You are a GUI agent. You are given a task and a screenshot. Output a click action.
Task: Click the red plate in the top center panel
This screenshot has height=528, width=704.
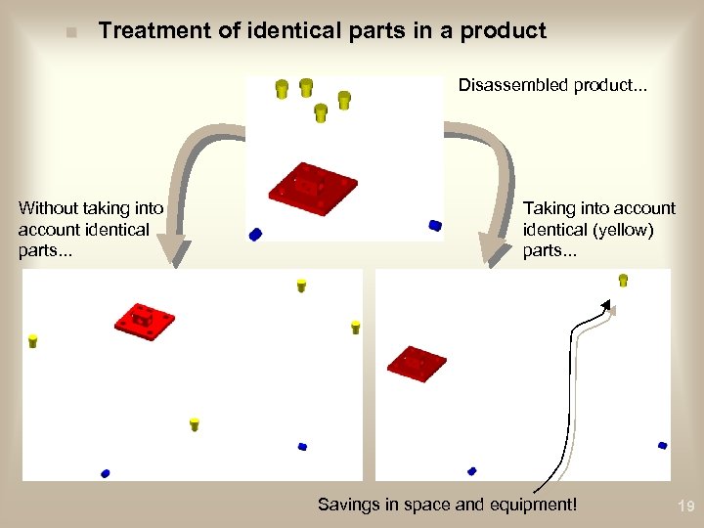(x=312, y=185)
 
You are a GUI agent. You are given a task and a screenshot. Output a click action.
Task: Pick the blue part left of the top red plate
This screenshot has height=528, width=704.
(x=255, y=235)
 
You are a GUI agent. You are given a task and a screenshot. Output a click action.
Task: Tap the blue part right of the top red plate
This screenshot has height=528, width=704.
(x=435, y=225)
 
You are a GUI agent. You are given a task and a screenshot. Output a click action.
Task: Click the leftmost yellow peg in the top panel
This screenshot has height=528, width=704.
(x=281, y=89)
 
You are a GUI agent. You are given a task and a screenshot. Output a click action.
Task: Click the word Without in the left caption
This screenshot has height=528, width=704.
(x=49, y=207)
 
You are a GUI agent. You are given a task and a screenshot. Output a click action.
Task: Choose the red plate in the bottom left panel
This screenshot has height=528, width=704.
(x=144, y=320)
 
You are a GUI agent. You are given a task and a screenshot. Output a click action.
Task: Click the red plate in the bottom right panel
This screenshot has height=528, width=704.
(x=416, y=364)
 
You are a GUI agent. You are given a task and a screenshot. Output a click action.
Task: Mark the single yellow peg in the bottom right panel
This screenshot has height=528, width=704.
(x=623, y=281)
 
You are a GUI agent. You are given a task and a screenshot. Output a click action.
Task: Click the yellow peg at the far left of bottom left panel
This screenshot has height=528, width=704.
(x=32, y=340)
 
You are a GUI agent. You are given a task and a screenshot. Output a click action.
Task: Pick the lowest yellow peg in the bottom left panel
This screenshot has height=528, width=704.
(x=194, y=423)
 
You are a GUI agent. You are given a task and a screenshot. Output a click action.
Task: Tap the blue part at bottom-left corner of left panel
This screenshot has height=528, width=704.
(x=105, y=473)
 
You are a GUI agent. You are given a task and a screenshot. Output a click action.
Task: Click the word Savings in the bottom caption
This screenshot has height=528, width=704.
(x=347, y=505)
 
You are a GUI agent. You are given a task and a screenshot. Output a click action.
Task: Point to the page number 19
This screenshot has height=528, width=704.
(x=684, y=506)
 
